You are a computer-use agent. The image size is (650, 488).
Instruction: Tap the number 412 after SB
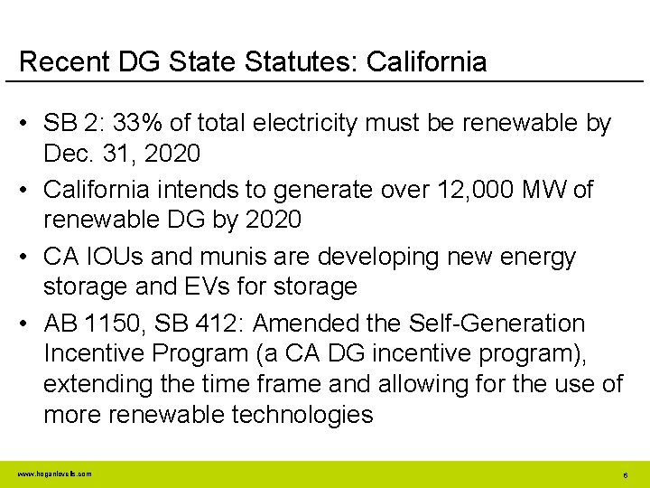[240, 324]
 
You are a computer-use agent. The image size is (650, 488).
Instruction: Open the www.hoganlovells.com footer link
[54, 474]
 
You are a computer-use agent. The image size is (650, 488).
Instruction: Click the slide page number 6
[625, 474]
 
